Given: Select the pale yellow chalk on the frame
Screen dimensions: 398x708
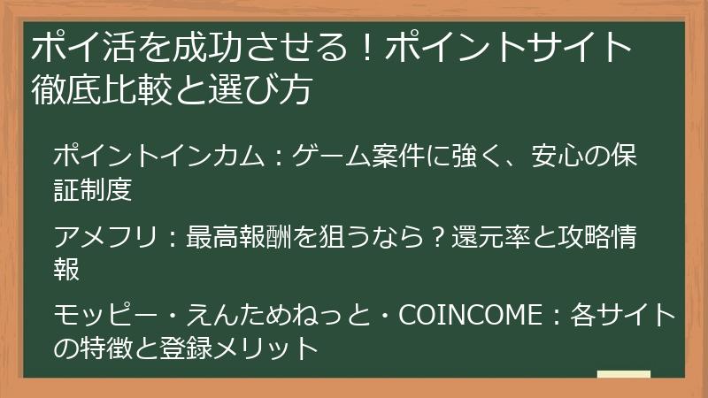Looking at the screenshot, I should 623,374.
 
